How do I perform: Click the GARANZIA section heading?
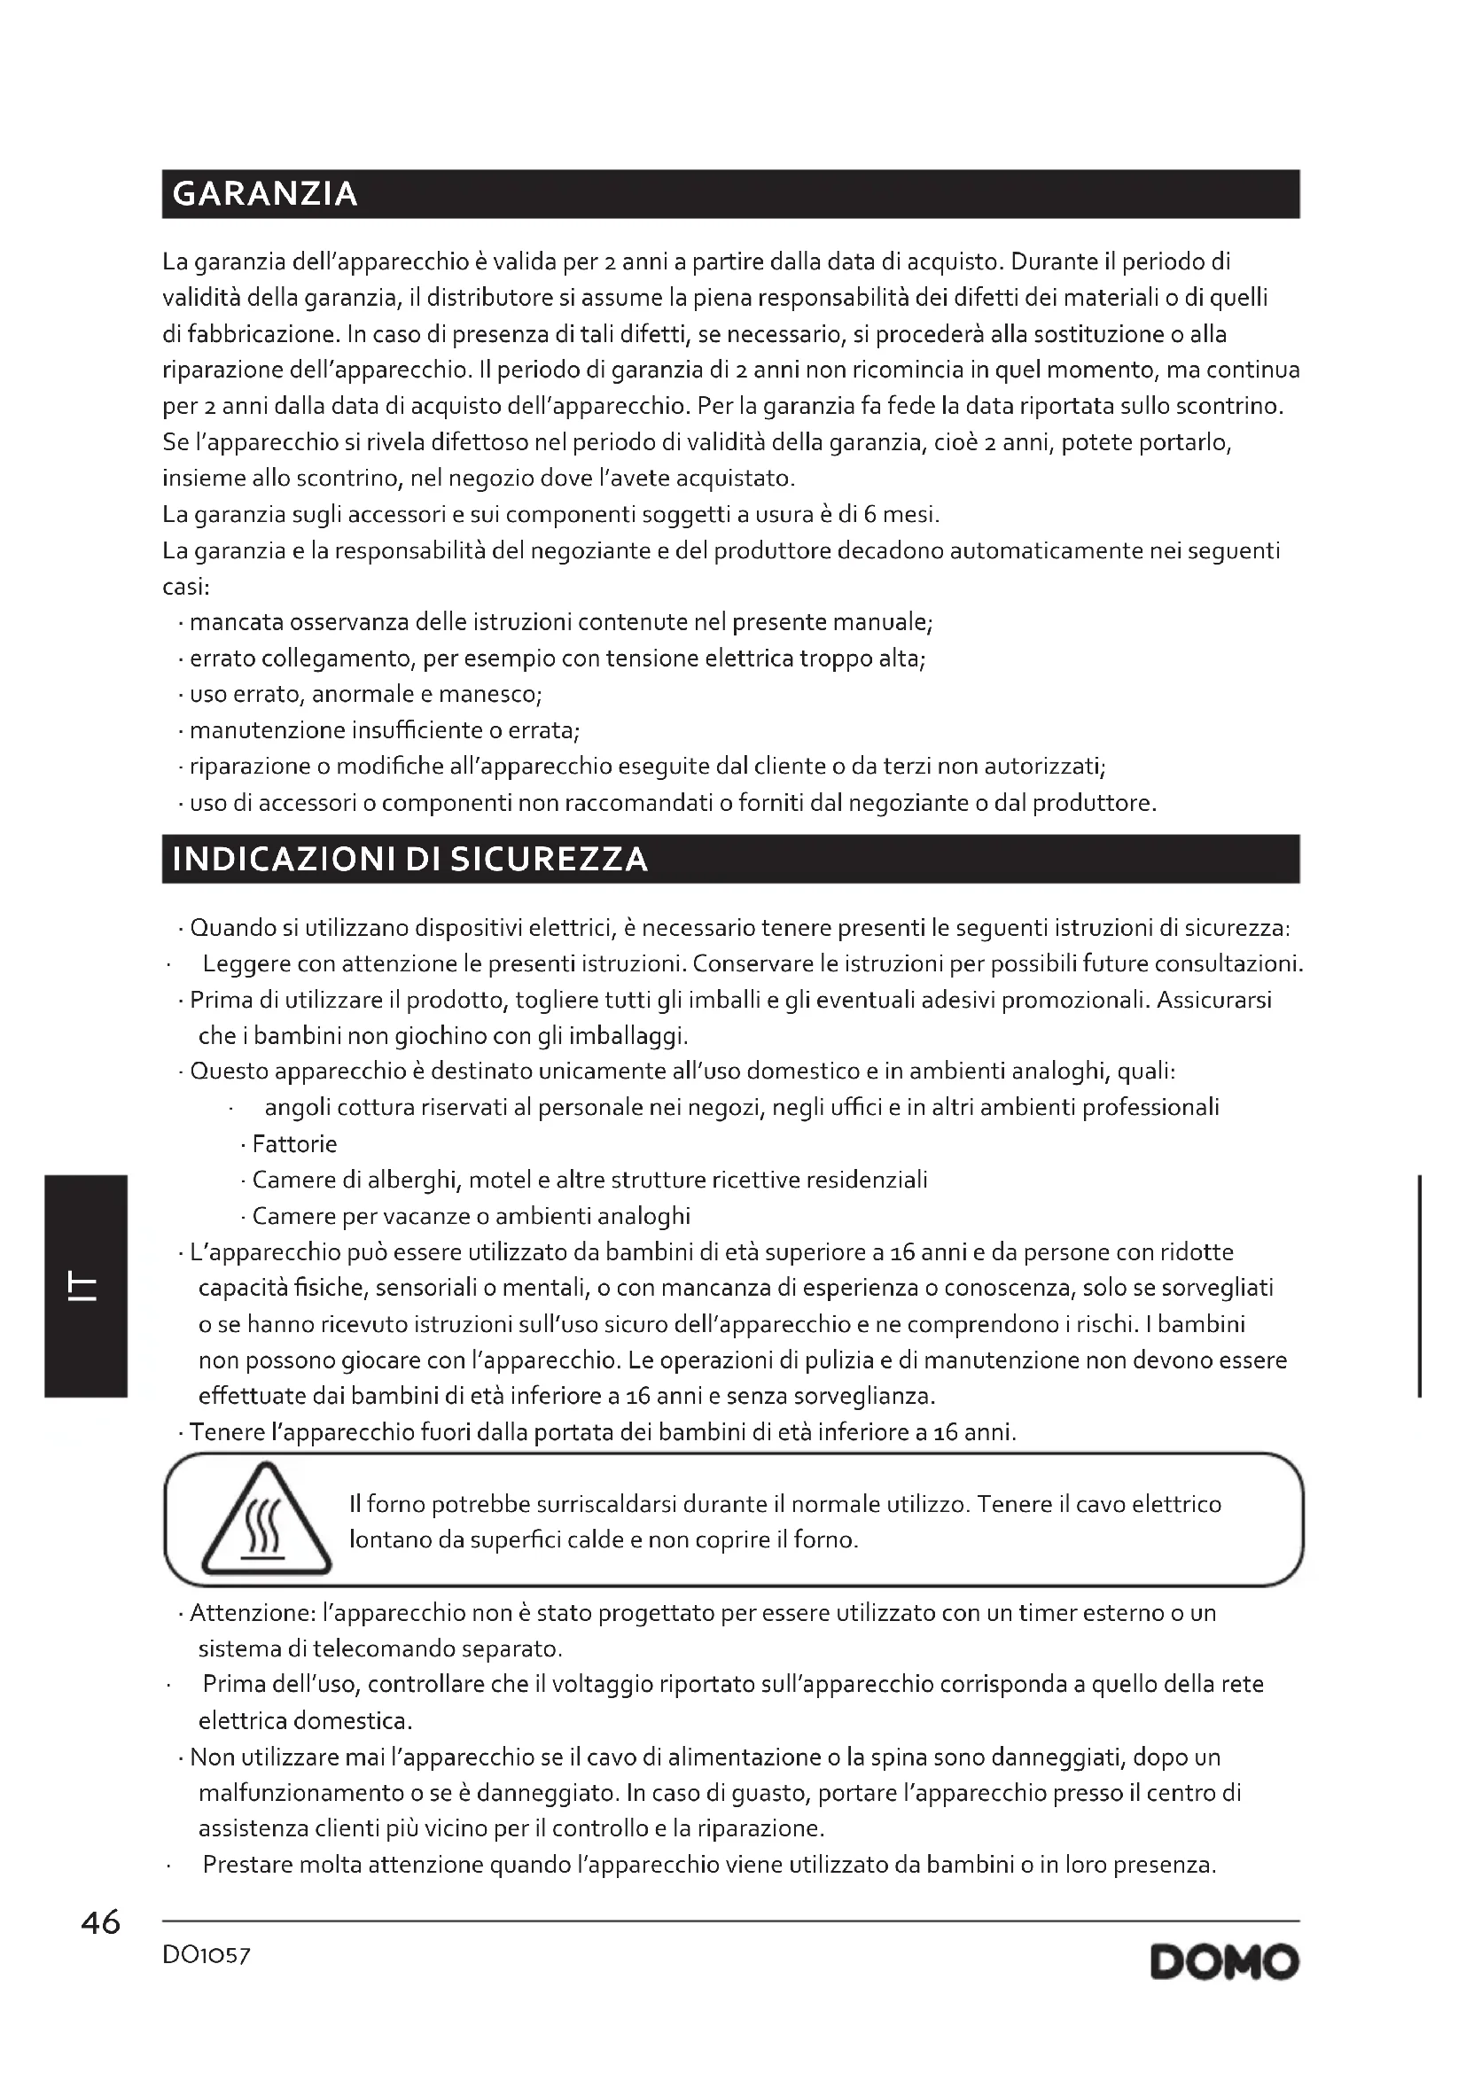pyautogui.click(x=264, y=194)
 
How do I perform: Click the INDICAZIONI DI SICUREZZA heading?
pyautogui.click(x=409, y=859)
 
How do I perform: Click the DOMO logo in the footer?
pyautogui.click(x=1224, y=1962)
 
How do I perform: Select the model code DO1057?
pyautogui.click(x=206, y=1955)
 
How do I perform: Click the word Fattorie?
pyautogui.click(x=294, y=1144)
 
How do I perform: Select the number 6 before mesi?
pyautogui.click(x=869, y=515)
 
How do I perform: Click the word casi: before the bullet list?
pyautogui.click(x=186, y=587)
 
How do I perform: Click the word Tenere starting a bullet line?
pyautogui.click(x=228, y=1433)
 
